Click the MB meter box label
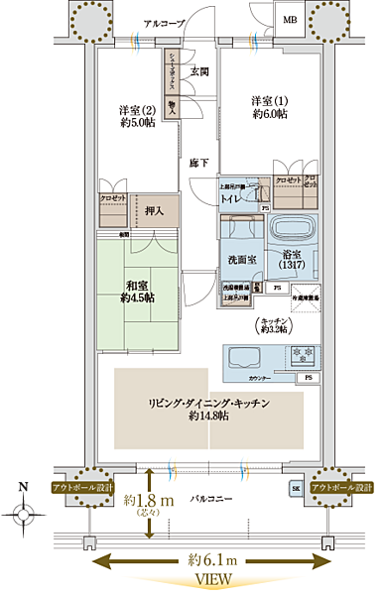coord(290,20)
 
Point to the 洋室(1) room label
coord(268,107)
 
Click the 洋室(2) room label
coord(138,116)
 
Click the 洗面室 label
coord(241,259)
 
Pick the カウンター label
coord(260,378)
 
